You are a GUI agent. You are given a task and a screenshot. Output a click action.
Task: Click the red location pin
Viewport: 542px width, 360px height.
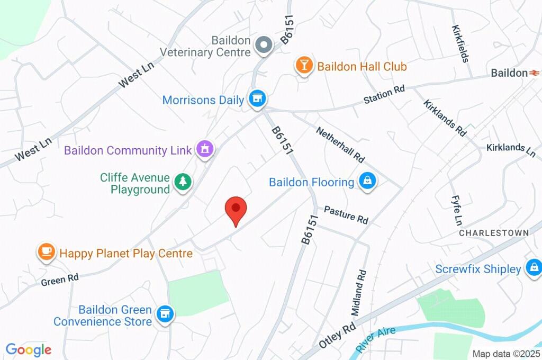236,209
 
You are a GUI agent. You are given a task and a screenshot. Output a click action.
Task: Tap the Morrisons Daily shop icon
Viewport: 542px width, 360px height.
258,98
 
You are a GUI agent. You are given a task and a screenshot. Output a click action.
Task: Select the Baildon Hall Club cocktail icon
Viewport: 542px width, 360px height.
304,66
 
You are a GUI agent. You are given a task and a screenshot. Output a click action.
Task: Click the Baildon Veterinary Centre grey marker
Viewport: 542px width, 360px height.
264,46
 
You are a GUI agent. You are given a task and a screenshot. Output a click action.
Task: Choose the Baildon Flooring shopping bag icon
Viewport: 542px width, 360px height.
367,182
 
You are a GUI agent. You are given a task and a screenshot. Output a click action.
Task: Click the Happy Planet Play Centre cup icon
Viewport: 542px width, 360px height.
46,252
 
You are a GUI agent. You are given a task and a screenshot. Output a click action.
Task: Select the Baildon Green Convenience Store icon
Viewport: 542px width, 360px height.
165,314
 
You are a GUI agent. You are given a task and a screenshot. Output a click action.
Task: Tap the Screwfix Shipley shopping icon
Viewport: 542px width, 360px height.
534,268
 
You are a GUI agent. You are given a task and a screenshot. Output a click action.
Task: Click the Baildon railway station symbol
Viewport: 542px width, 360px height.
535,73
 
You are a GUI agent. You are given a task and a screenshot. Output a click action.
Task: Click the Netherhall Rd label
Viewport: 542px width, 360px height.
341,144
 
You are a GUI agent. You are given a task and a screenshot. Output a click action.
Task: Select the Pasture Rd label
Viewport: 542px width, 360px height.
346,214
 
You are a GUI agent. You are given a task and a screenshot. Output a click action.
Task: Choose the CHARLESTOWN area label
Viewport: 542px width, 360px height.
493,233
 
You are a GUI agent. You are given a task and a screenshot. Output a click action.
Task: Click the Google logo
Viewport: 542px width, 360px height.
29,349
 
